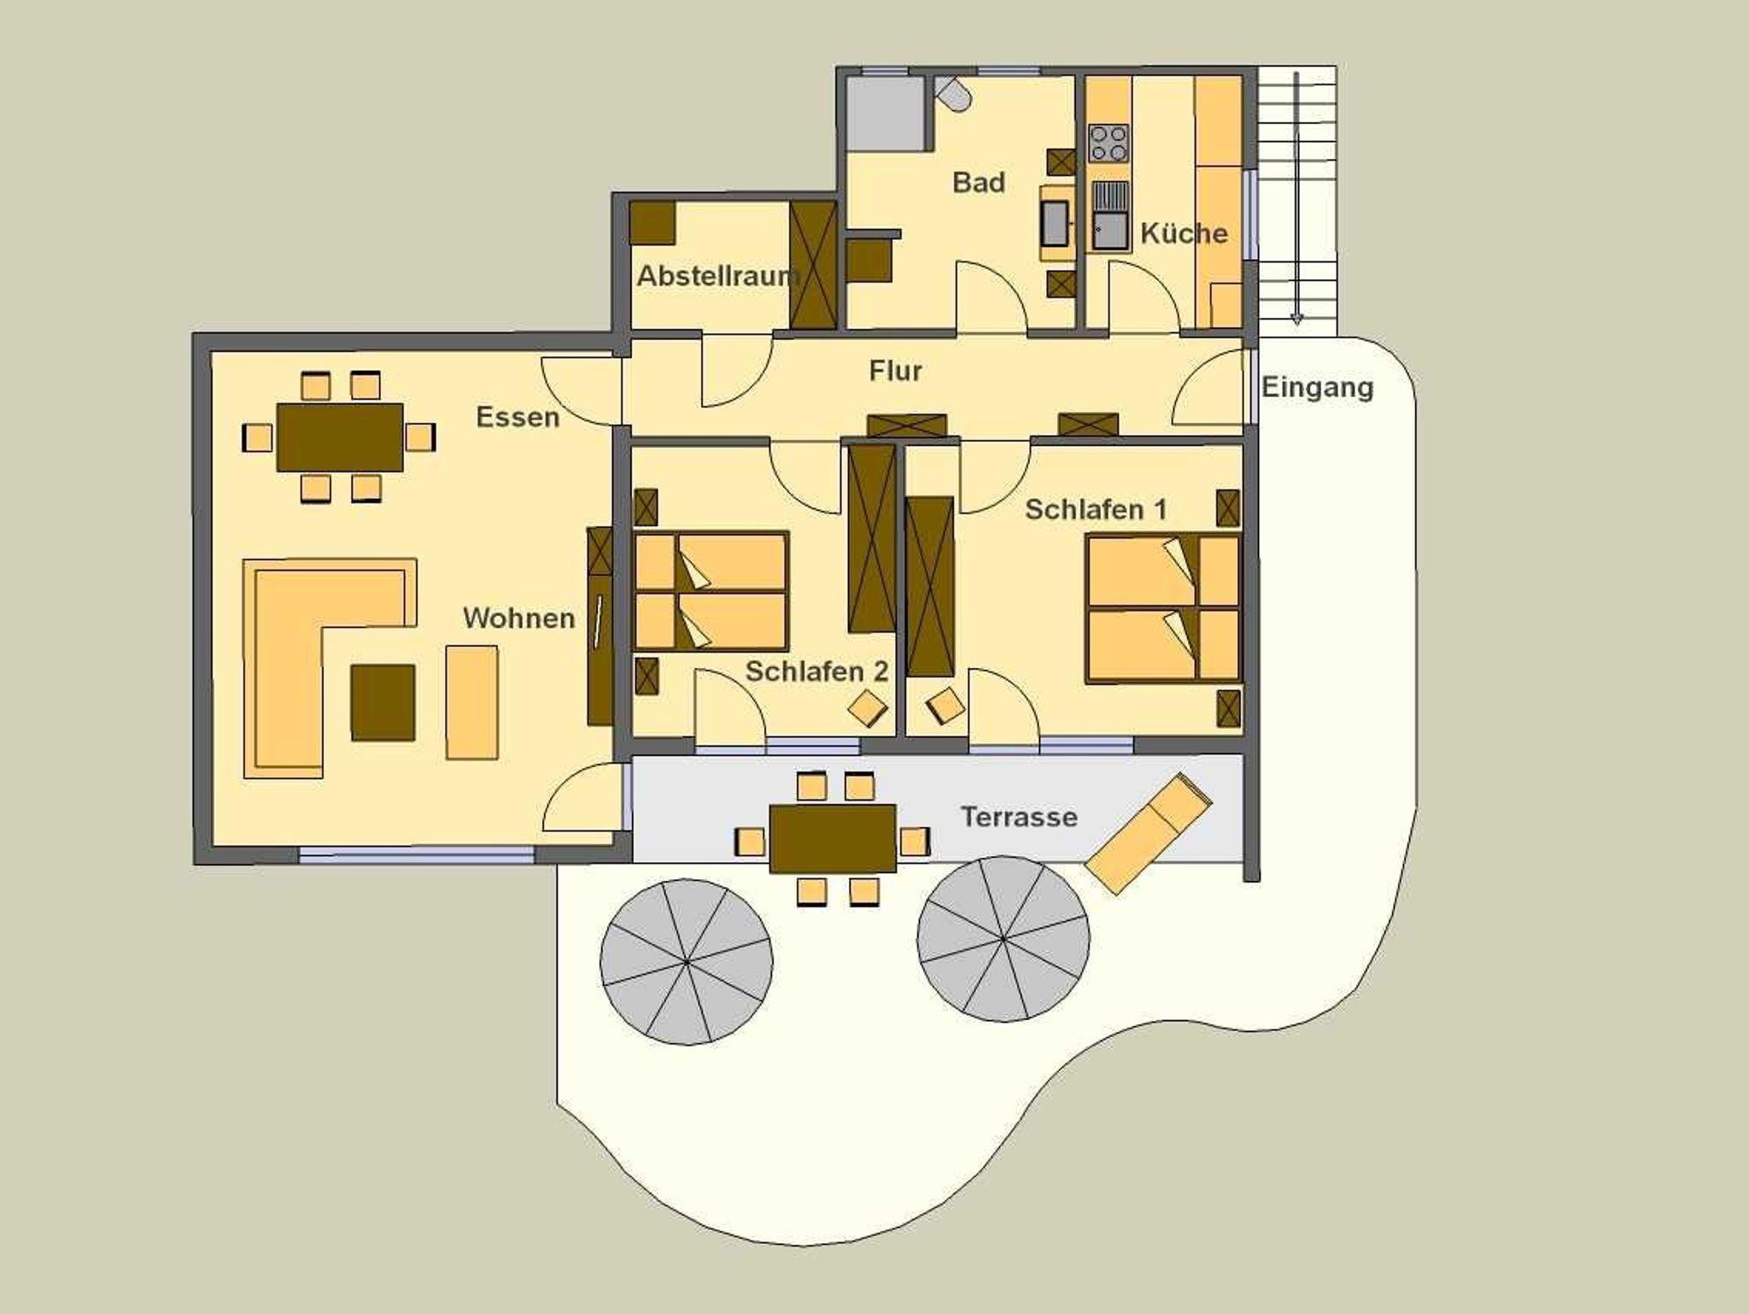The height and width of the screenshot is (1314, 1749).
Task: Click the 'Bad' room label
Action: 979,182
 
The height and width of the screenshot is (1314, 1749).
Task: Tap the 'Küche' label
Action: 1184,233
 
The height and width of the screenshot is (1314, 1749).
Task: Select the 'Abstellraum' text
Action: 718,276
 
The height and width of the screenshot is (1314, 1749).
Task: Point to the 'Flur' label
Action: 896,371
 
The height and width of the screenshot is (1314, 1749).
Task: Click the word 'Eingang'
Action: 1318,388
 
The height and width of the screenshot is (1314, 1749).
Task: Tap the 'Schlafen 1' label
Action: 1096,510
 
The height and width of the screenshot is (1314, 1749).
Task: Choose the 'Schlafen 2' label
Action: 817,672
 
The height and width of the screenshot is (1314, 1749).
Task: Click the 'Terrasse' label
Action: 1019,818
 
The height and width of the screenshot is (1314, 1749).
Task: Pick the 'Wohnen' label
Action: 519,619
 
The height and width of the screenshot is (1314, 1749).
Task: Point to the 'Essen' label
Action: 518,417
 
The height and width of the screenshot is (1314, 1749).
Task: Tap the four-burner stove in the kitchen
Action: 1108,143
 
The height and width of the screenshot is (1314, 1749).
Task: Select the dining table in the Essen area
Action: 340,437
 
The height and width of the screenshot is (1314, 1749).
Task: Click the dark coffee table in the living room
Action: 383,702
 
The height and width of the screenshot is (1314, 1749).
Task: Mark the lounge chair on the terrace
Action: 1149,833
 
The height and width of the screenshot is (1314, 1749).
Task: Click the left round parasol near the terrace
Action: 687,962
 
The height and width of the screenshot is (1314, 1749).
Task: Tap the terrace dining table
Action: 833,838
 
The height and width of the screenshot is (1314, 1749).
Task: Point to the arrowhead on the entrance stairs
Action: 1296,320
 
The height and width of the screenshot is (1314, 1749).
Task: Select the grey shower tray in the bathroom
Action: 886,114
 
